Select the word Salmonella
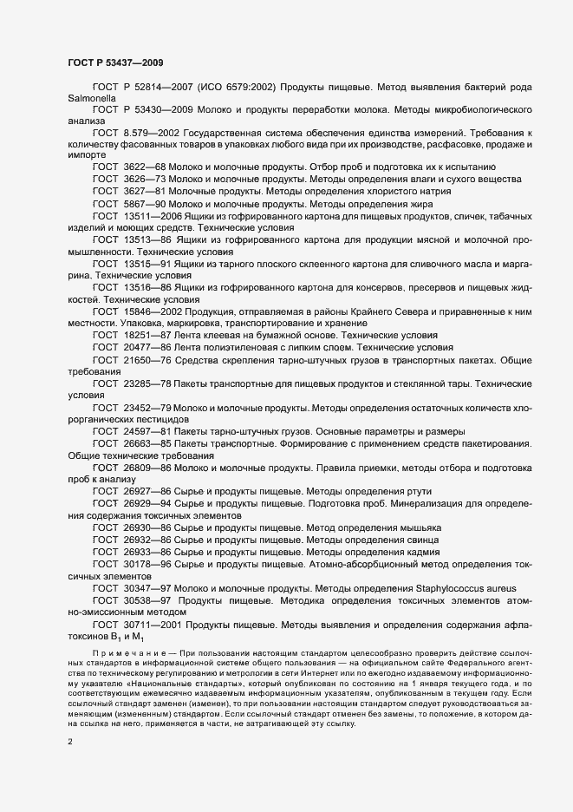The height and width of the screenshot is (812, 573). [91, 100]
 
